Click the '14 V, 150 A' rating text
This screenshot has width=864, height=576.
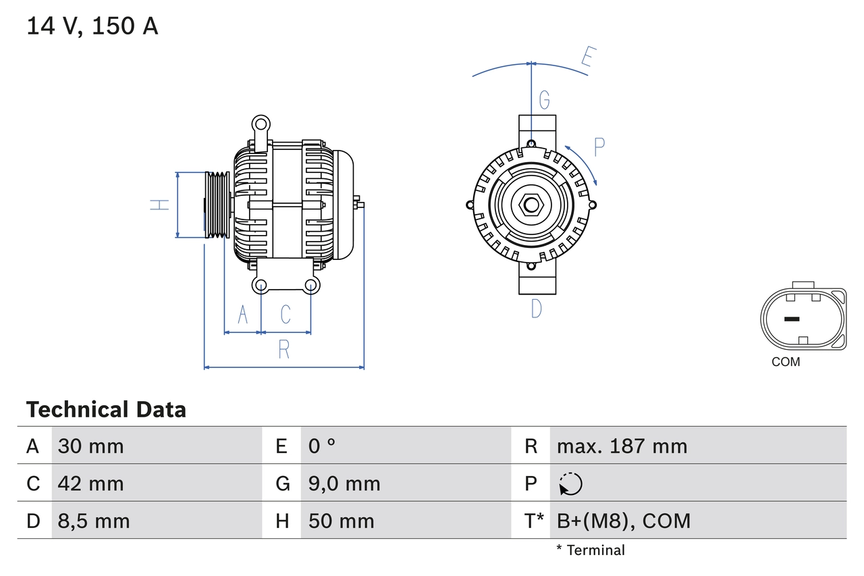point(92,26)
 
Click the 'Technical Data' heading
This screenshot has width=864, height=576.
point(106,409)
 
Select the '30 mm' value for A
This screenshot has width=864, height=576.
point(91,446)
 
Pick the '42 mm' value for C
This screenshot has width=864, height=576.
point(91,483)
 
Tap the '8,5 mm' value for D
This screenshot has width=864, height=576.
point(94,521)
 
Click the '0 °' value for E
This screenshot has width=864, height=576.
point(322,446)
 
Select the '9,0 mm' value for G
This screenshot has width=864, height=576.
point(344,483)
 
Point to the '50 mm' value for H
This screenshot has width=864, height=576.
point(341,521)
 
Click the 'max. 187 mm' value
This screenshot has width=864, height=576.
point(622,446)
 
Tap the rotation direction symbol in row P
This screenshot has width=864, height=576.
point(570,484)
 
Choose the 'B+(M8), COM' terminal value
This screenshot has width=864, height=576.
point(624,521)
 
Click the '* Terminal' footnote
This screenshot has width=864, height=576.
point(591,550)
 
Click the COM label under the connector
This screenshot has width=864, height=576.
point(786,362)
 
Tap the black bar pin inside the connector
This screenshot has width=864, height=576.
point(792,319)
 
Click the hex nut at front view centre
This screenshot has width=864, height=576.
point(531,205)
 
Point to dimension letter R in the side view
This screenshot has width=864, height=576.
point(284,350)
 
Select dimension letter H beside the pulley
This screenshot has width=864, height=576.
point(160,205)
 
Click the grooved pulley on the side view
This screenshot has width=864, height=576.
point(217,205)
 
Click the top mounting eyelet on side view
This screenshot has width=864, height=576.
point(261,124)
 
